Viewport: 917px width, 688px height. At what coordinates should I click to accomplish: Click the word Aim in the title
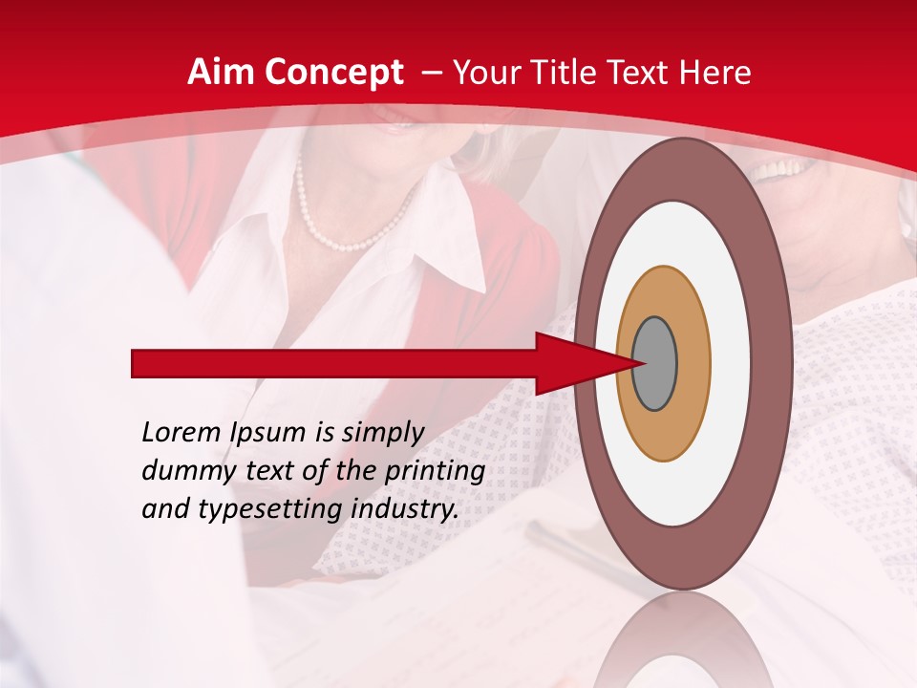click(221, 73)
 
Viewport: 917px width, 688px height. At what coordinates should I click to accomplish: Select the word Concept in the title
click(333, 73)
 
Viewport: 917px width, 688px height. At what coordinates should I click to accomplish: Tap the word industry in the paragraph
click(405, 509)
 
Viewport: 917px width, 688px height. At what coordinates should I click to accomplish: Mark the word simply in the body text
click(382, 434)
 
